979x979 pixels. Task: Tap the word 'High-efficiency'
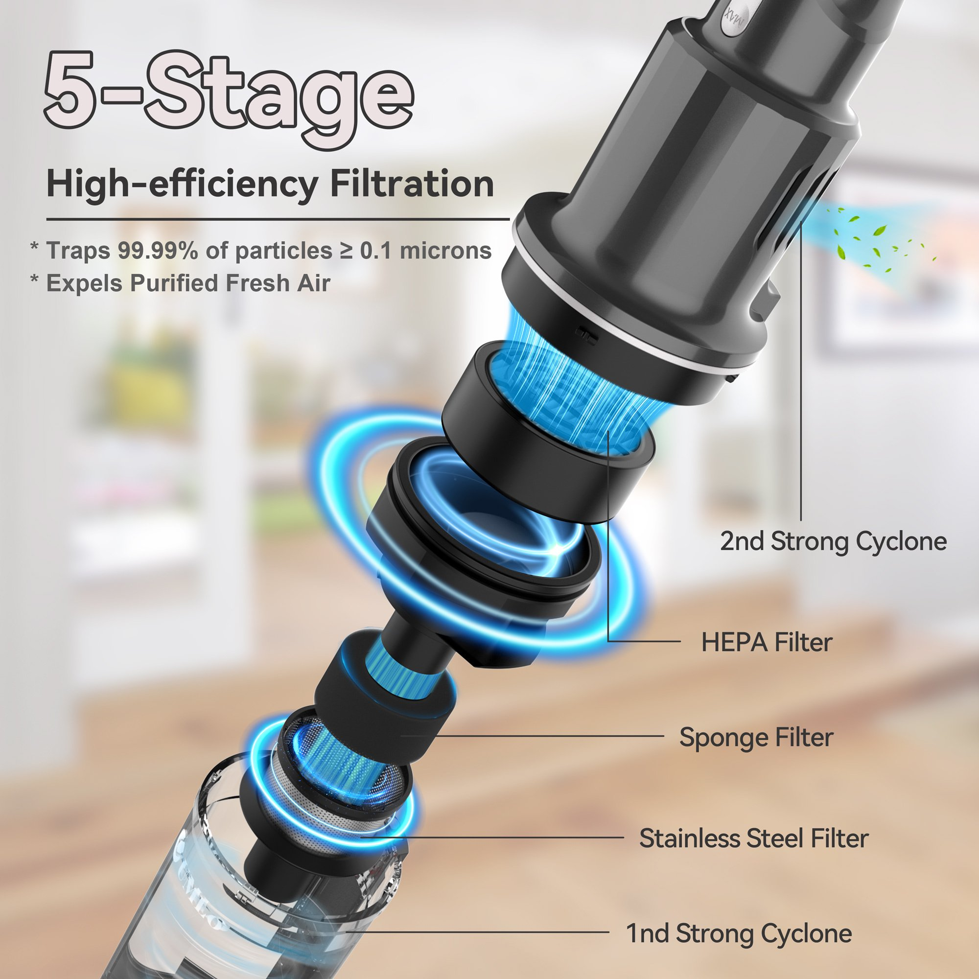(182, 185)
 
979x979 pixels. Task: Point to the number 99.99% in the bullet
(158, 250)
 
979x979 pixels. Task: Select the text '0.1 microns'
(426, 250)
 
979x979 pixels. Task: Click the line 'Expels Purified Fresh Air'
(188, 283)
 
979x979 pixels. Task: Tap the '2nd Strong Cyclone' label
(834, 542)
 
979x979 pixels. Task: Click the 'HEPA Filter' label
(767, 643)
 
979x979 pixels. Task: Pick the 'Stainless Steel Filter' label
(753, 838)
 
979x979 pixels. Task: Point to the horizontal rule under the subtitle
(278, 219)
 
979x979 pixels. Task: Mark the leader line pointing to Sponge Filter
(532, 736)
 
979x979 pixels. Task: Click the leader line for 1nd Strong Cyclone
(476, 932)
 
